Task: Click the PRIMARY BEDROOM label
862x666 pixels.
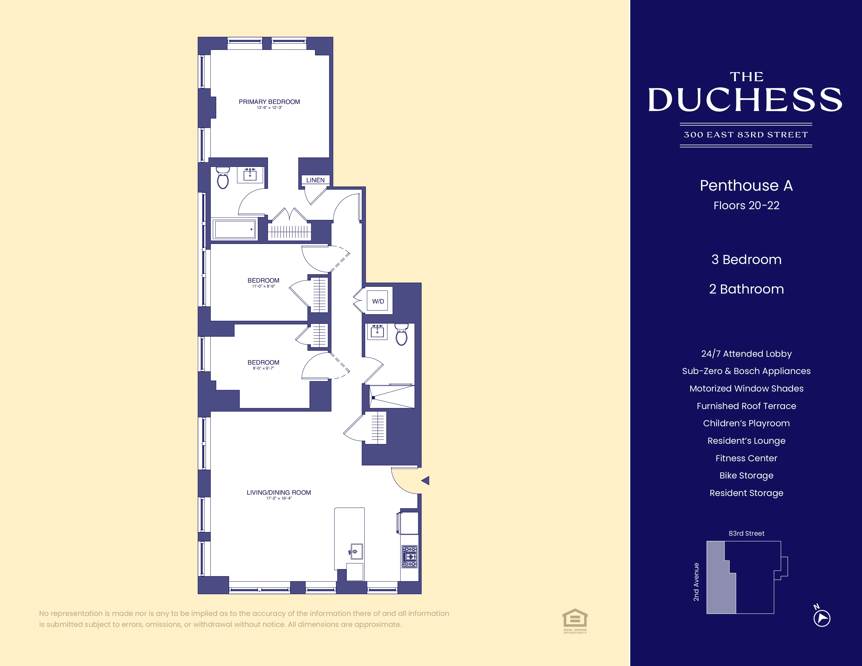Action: tap(269, 102)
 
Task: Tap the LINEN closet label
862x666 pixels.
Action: tap(315, 180)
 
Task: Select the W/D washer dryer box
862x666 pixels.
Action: tap(378, 301)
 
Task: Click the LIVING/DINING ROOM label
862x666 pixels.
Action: tap(279, 492)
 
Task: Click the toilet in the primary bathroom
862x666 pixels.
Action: tap(223, 178)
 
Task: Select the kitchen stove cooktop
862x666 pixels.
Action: tap(409, 556)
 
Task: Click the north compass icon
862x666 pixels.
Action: tap(822, 618)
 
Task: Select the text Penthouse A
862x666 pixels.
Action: tap(746, 185)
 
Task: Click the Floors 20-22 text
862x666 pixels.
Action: tap(746, 206)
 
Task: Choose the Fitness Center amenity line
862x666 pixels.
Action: tap(746, 458)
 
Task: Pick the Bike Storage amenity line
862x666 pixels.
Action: tap(746, 475)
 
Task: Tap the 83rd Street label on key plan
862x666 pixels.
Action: tap(746, 533)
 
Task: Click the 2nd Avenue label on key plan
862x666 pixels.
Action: tap(696, 582)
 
